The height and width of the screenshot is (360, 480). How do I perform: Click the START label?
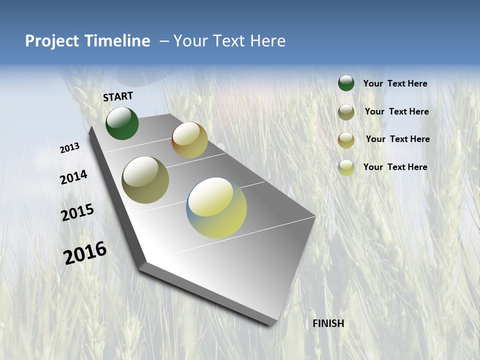tap(118, 96)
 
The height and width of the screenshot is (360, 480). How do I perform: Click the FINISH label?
tap(328, 323)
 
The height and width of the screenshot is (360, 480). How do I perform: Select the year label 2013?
tap(69, 148)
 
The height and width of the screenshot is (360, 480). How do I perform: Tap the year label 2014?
tap(73, 177)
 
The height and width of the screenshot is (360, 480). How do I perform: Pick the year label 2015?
tap(77, 212)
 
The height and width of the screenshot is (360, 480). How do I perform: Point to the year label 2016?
tap(85, 253)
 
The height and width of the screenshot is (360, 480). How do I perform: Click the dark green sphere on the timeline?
tap(122, 123)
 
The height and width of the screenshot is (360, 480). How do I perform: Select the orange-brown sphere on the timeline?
tap(189, 140)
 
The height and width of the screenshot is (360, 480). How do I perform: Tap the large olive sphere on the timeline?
tap(145, 180)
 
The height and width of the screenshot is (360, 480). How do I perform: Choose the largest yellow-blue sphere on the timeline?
tap(216, 207)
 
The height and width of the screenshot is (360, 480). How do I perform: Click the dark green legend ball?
tap(346, 83)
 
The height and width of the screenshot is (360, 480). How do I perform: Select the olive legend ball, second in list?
tap(346, 112)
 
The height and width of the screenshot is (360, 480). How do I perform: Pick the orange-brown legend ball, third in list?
tap(346, 140)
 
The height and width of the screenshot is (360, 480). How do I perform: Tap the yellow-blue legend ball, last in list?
tap(346, 167)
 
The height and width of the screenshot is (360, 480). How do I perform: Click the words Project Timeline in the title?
tap(87, 41)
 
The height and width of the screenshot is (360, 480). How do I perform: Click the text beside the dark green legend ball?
tap(395, 84)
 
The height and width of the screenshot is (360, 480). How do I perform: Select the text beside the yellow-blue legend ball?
tap(395, 167)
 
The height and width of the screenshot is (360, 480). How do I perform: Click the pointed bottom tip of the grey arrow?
tap(270, 324)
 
